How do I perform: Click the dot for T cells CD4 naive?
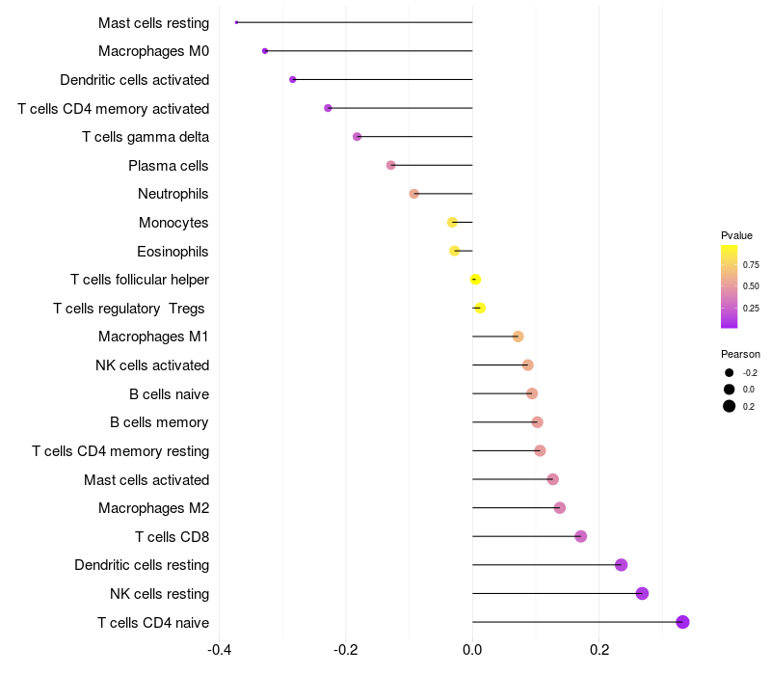point(682,622)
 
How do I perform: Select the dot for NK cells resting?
point(642,593)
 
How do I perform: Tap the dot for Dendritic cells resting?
point(621,565)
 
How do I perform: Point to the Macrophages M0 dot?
point(265,50)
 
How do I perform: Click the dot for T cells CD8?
point(580,536)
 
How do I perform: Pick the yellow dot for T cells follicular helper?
point(475,280)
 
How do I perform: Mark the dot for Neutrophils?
point(414,194)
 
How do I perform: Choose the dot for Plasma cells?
point(390,165)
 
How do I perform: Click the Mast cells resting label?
point(153,22)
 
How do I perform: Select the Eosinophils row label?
point(173,252)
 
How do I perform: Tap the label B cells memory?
point(159,422)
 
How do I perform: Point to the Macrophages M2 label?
point(153,508)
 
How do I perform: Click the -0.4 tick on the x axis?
point(220,648)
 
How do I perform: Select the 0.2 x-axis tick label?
point(599,648)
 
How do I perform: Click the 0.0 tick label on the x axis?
point(472,648)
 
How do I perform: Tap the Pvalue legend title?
point(736,235)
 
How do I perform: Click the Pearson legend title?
point(740,354)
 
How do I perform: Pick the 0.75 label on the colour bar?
point(751,264)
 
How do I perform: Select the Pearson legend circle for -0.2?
point(730,373)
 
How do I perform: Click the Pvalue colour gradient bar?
point(730,286)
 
